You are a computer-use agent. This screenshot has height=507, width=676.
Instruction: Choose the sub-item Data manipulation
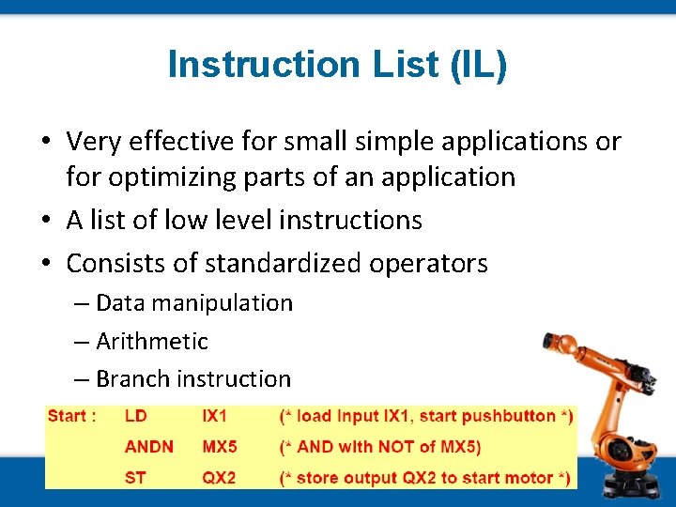pyautogui.click(x=193, y=303)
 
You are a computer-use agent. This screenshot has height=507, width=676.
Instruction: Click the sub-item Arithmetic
pyautogui.click(x=151, y=341)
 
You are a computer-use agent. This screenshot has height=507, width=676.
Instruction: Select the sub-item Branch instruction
pyautogui.click(x=192, y=379)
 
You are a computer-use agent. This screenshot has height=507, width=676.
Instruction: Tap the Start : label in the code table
pyautogui.click(x=71, y=416)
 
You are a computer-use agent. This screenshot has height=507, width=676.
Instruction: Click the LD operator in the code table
pyautogui.click(x=135, y=416)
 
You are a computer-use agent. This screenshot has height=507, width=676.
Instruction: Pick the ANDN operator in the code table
pyautogui.click(x=148, y=447)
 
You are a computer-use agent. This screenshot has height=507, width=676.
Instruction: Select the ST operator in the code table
pyautogui.click(x=135, y=478)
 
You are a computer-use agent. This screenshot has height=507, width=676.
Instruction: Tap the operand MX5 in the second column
pyautogui.click(x=221, y=447)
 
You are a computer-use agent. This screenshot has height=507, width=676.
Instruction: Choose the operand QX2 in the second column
pyautogui.click(x=221, y=478)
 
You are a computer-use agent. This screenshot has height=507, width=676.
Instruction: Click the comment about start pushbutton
pyautogui.click(x=426, y=416)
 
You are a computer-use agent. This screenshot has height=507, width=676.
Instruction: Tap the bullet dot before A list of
pyautogui.click(x=46, y=221)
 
